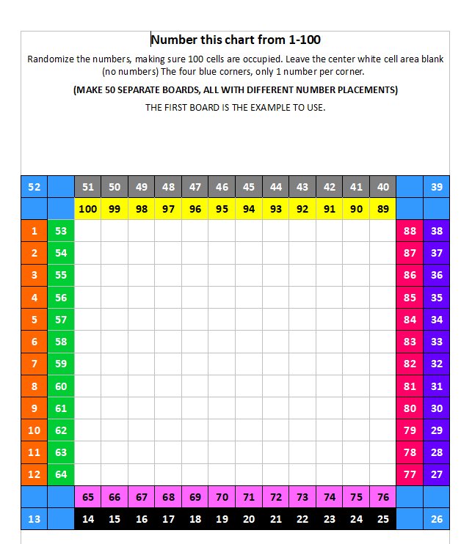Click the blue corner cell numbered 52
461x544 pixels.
[x=34, y=187]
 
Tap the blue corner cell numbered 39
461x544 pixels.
[x=437, y=187]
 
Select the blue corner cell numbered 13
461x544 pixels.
[x=34, y=519]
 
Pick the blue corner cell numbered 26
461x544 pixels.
[x=437, y=519]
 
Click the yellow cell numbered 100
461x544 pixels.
[x=88, y=209]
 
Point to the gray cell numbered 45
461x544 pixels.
[x=249, y=187]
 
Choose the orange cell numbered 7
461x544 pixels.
[x=34, y=364]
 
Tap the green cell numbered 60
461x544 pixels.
[x=61, y=386]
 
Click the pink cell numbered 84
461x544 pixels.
[x=410, y=320]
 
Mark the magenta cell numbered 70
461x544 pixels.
[x=222, y=497]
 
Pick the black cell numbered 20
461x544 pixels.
[x=249, y=519]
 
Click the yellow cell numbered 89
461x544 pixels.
[x=382, y=209]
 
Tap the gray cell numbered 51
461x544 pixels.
[x=88, y=187]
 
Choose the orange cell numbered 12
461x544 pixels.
[x=34, y=474]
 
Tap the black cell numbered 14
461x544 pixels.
[x=88, y=519]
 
